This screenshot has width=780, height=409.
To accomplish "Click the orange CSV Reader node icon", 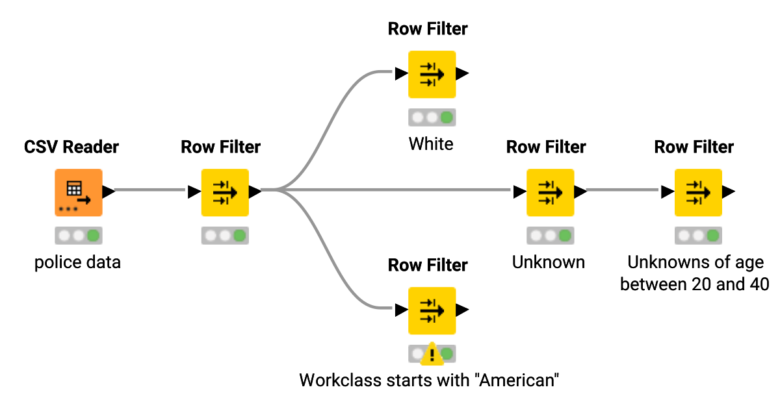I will pyautogui.click(x=78, y=192).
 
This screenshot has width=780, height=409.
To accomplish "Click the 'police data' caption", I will pyautogui.click(x=77, y=263).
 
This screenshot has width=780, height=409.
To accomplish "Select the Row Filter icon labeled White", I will pyautogui.click(x=432, y=74).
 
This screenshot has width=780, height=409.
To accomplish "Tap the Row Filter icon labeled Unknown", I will pyautogui.click(x=550, y=192).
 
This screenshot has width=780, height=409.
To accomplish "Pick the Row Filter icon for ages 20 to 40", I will pyautogui.click(x=698, y=192).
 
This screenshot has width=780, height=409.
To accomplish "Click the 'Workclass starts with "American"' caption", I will pyautogui.click(x=429, y=380).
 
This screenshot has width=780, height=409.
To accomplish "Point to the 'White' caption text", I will pyautogui.click(x=431, y=143).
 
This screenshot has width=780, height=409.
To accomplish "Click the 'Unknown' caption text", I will pyautogui.click(x=549, y=262).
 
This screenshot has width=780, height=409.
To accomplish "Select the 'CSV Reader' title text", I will pyautogui.click(x=71, y=147).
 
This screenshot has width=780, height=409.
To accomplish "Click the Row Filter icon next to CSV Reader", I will pyautogui.click(x=225, y=192).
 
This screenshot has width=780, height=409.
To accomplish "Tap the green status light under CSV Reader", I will pyautogui.click(x=94, y=235).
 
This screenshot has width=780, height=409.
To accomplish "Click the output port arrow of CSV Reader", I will pyautogui.click(x=109, y=192).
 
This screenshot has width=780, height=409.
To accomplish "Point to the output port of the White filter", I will pyautogui.click(x=462, y=74).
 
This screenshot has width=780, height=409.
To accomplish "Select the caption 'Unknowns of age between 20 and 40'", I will pyautogui.click(x=694, y=273).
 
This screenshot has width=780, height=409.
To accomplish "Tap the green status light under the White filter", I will pyautogui.click(x=447, y=118).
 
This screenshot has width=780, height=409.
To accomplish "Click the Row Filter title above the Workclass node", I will pyautogui.click(x=428, y=265).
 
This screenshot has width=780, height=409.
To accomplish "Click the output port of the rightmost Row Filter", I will pyautogui.click(x=729, y=192).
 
